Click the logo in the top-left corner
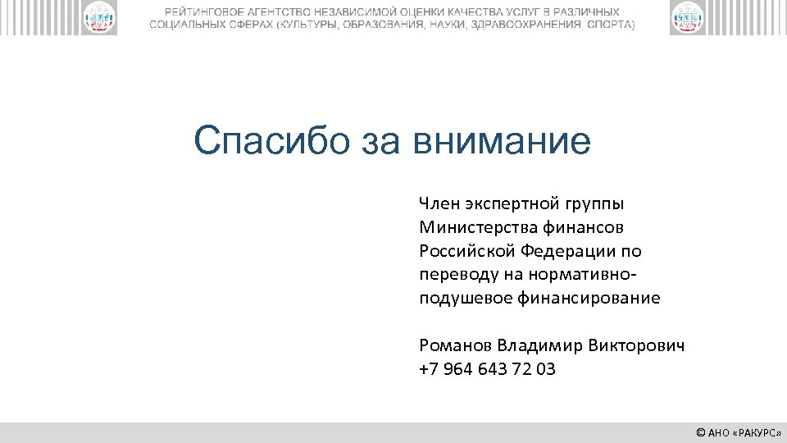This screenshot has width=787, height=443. [x=99, y=18]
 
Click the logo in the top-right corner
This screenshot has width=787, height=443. [x=687, y=18]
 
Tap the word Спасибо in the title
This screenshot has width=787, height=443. [x=263, y=141]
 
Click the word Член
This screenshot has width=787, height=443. [x=440, y=203]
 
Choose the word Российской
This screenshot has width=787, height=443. [x=465, y=250]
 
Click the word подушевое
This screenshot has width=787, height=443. [x=465, y=298]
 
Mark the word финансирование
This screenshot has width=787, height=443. [x=589, y=298]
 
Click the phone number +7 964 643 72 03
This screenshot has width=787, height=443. [x=487, y=369]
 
